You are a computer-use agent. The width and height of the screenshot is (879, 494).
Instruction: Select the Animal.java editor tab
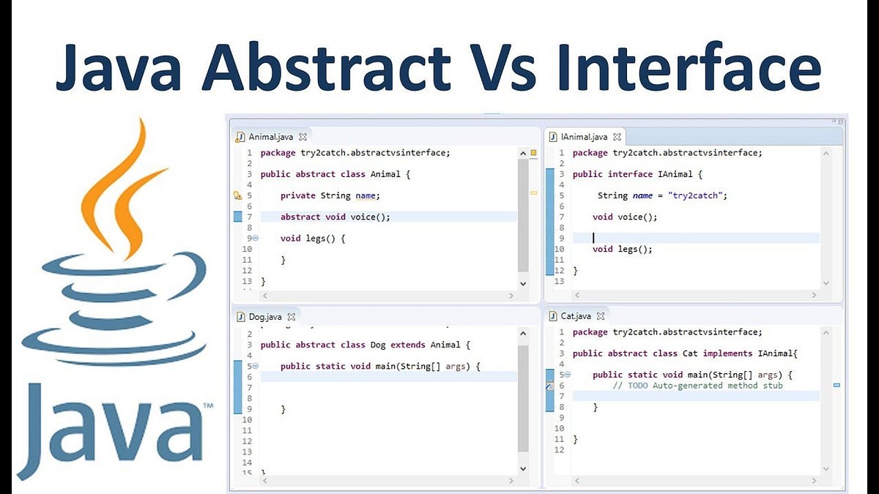click(x=272, y=136)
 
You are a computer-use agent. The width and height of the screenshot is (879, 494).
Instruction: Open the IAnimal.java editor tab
click(x=584, y=136)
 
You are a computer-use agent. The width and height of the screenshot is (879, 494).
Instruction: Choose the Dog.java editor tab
click(x=265, y=317)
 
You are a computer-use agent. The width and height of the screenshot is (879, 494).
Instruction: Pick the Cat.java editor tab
click(x=576, y=316)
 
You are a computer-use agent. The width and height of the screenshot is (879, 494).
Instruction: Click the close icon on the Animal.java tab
click(x=303, y=136)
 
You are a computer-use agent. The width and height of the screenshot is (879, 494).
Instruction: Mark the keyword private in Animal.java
click(x=297, y=195)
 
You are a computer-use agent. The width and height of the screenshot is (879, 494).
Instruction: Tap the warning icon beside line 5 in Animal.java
click(x=237, y=195)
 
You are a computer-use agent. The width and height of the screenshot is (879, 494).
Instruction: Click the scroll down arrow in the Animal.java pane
click(x=523, y=282)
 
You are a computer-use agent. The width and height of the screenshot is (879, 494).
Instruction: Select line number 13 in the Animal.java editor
click(x=247, y=281)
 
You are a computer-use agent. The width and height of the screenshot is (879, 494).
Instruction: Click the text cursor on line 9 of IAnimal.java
click(x=593, y=238)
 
